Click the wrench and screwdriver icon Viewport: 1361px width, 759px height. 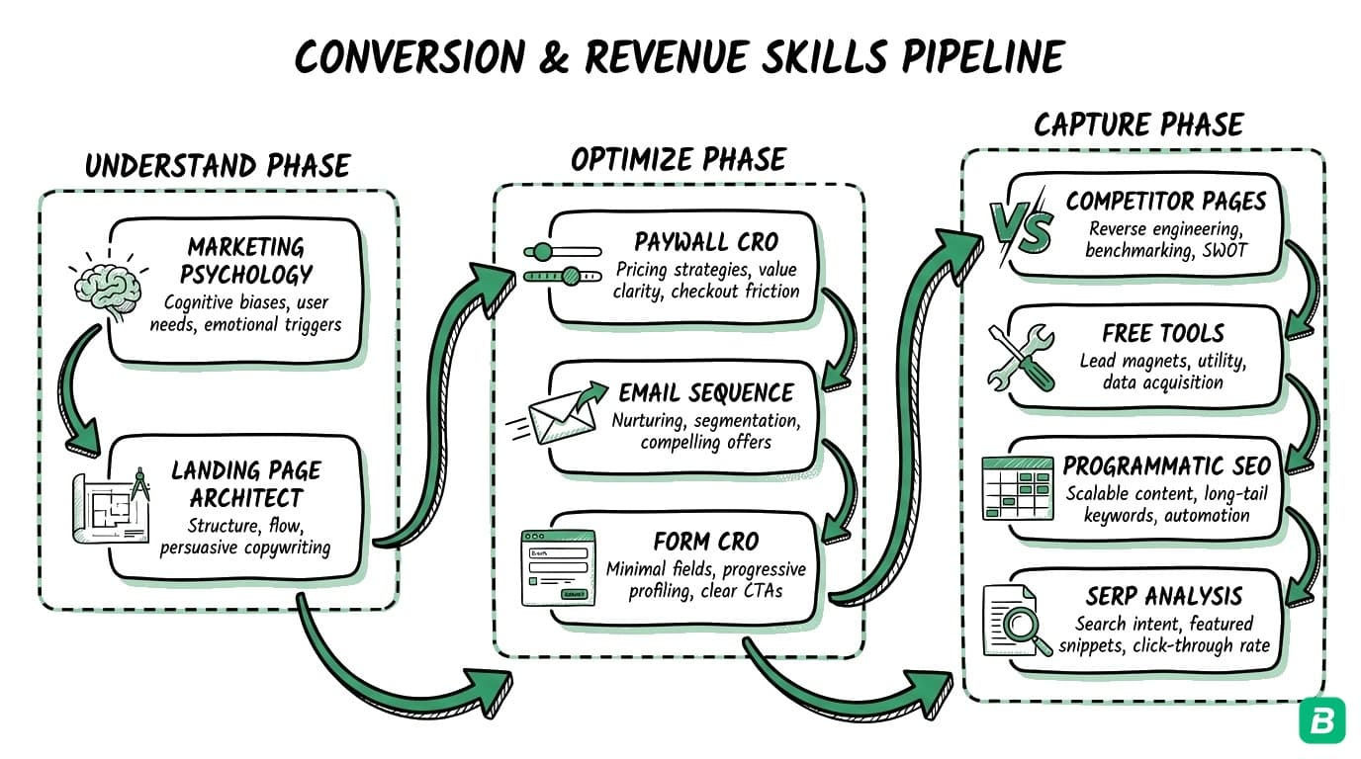point(1018,356)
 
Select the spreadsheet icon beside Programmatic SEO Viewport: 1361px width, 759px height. point(1018,487)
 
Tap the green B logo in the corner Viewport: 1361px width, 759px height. point(1321,719)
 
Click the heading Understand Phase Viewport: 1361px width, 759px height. point(217,165)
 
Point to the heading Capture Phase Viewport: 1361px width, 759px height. point(1137,125)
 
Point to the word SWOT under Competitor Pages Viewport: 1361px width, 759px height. point(1225,250)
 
